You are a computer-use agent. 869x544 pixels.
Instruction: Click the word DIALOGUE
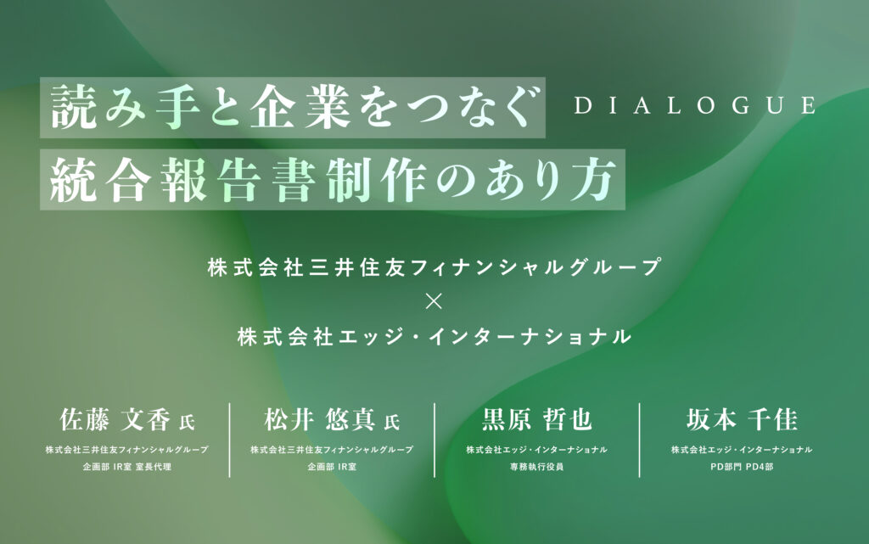[x=694, y=105]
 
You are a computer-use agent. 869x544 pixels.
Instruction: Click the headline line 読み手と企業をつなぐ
[x=294, y=108]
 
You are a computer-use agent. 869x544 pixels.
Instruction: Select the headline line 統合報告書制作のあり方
[x=333, y=179]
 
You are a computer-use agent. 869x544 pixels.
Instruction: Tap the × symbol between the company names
[x=434, y=301]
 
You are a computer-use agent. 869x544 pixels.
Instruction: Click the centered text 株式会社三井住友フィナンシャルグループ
[x=434, y=267]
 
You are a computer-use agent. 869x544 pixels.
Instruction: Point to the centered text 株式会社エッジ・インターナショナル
[x=434, y=336]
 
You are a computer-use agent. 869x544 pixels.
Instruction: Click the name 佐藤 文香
[x=115, y=419]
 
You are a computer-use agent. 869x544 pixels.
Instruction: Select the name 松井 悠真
[x=320, y=419]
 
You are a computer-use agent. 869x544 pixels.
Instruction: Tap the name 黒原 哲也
[x=536, y=419]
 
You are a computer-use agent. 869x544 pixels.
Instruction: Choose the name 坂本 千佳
[x=742, y=419]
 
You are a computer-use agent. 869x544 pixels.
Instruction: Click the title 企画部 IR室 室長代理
[x=127, y=467]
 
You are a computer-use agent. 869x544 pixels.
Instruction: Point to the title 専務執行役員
[x=536, y=467]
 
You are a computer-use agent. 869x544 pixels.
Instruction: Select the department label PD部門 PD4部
[x=742, y=467]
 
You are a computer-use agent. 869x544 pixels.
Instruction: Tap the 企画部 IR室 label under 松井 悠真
[x=332, y=467]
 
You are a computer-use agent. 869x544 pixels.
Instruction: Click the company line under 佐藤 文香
[x=127, y=450]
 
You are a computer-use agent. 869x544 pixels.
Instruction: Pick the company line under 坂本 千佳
[x=742, y=450]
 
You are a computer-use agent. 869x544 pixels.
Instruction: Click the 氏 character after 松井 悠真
[x=392, y=423]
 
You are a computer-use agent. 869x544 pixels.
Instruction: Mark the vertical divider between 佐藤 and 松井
[x=229, y=440]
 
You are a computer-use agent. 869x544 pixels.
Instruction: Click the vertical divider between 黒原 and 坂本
[x=640, y=440]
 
